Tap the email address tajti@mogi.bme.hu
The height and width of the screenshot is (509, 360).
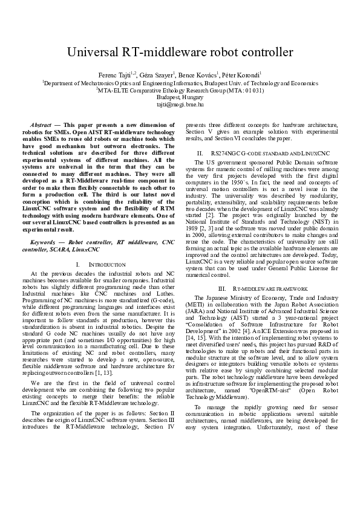point(180,104)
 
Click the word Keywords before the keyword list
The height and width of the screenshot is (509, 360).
point(48,241)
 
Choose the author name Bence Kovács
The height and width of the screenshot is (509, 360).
point(196,74)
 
